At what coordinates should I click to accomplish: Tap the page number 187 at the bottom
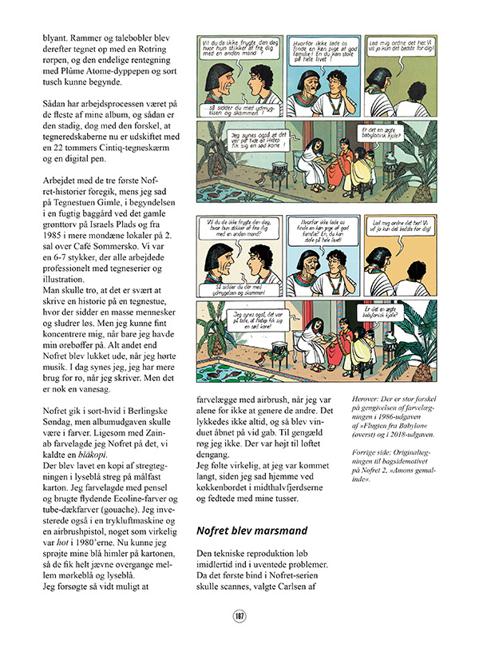coord(239,615)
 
